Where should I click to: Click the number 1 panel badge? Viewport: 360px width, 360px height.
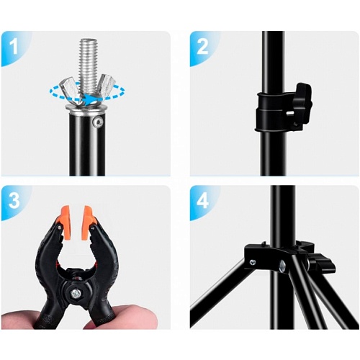point(14,47)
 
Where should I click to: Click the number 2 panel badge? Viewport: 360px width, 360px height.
point(202,47)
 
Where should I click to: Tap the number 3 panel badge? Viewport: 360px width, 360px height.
point(14,201)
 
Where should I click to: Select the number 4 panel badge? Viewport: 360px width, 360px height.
point(202,201)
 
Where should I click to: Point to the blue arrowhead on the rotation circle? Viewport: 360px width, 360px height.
point(88,99)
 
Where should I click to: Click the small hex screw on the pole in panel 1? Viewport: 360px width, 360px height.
point(99,122)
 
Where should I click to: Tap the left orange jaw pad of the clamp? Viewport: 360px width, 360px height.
point(64,222)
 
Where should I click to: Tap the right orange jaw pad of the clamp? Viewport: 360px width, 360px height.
point(88,222)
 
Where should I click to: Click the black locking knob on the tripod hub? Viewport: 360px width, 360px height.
point(322,264)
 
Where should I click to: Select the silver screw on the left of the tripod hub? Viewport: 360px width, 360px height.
point(253,263)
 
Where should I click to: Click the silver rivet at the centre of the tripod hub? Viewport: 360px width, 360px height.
point(283,266)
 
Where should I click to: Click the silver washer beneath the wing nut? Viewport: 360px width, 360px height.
point(85,107)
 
